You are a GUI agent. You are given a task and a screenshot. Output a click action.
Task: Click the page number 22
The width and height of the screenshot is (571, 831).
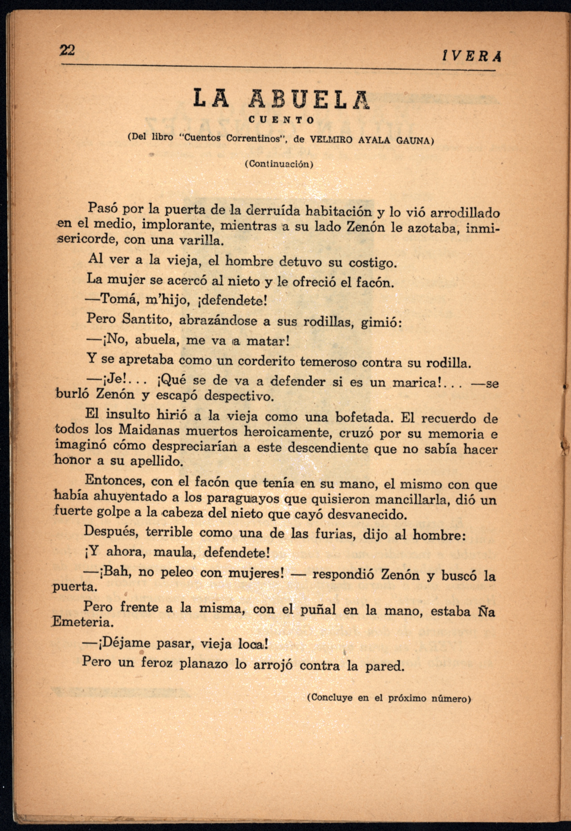pos(67,50)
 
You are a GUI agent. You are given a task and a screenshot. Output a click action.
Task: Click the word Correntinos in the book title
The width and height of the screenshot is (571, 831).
pos(253,138)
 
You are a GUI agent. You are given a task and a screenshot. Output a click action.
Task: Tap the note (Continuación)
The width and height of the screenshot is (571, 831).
pos(279,164)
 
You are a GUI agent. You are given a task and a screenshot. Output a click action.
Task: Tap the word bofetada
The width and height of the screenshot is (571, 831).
pos(364,417)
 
